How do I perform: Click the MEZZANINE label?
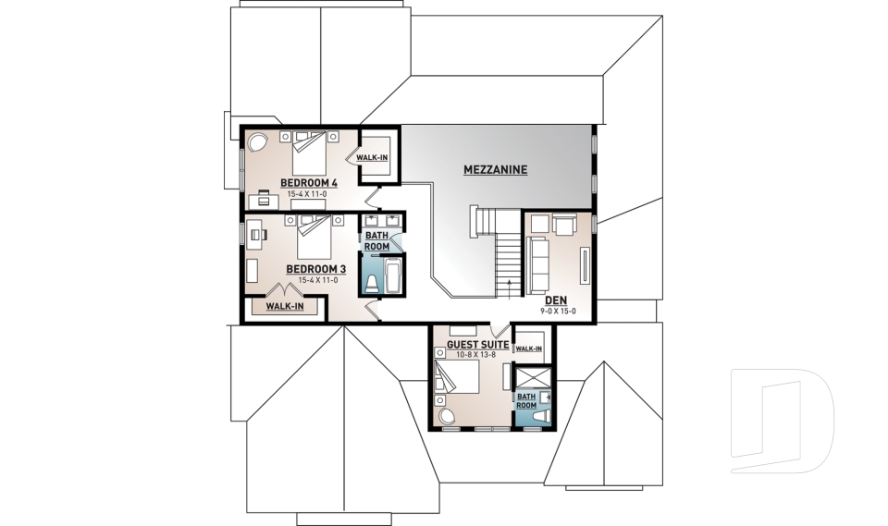(x=495, y=170)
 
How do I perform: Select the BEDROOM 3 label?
(x=315, y=269)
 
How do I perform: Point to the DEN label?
(x=556, y=300)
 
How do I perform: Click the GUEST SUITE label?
(x=477, y=345)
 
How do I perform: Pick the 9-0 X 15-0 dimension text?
(x=558, y=312)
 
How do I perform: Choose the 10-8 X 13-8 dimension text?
(x=477, y=355)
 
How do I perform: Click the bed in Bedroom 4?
(x=311, y=153)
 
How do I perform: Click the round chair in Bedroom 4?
(x=255, y=144)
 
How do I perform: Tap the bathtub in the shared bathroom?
(x=391, y=276)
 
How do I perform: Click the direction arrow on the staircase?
(x=508, y=277)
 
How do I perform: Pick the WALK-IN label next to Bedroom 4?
(x=373, y=158)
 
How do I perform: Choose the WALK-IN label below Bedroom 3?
(x=285, y=306)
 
